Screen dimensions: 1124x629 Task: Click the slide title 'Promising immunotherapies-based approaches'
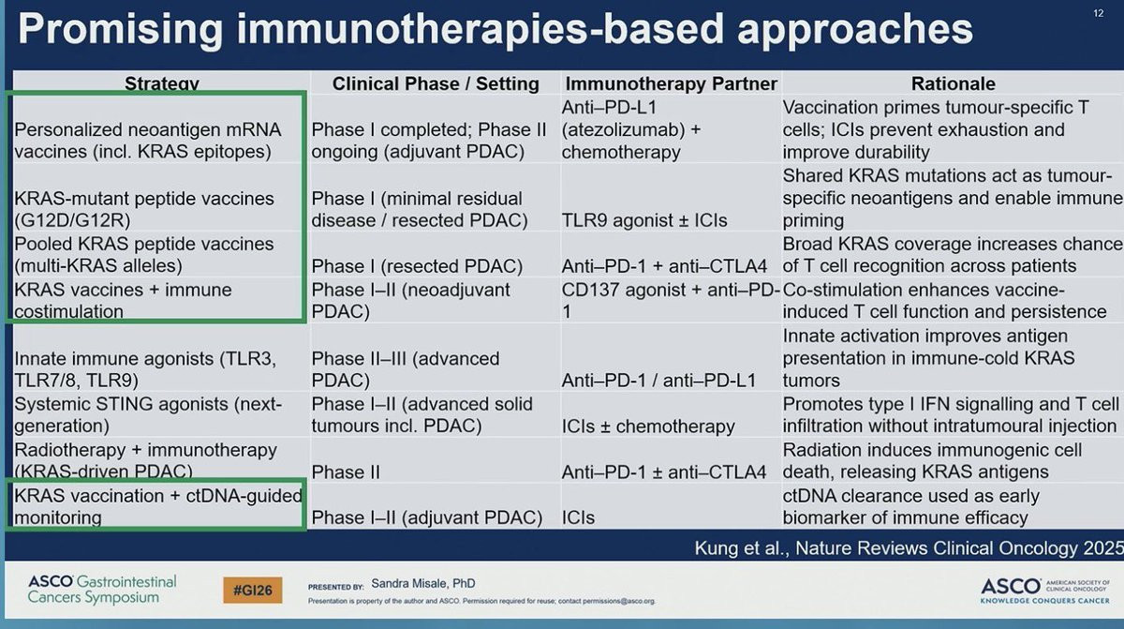tap(495, 30)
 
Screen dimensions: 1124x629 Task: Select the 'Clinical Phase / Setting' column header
tap(436, 83)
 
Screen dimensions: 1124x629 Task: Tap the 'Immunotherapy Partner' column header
tap(670, 83)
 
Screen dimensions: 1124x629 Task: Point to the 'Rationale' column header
tap(953, 83)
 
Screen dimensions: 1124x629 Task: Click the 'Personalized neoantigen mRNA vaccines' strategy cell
tap(148, 140)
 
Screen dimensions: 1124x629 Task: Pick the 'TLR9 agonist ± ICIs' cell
tap(645, 221)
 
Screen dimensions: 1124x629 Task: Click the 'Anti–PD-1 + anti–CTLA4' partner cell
tap(664, 266)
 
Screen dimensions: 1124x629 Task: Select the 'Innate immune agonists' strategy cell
tap(144, 369)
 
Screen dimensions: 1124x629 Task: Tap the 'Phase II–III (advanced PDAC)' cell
tap(406, 369)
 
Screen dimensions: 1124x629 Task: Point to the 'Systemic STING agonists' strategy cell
tap(148, 414)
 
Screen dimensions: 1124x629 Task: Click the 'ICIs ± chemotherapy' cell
tap(648, 427)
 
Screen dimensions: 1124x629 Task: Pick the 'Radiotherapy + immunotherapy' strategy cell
tap(145, 460)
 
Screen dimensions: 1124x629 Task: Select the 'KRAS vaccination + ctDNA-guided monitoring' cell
tap(157, 506)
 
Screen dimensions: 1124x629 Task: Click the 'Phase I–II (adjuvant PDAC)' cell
tap(427, 517)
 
